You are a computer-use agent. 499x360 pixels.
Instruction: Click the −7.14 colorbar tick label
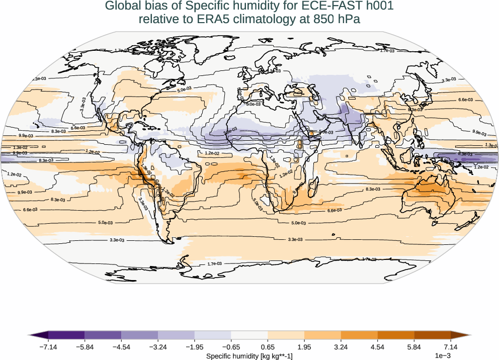[x=48, y=347]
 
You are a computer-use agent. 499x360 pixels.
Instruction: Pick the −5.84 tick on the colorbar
[x=85, y=347]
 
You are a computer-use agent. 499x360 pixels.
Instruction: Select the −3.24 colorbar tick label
[x=158, y=347]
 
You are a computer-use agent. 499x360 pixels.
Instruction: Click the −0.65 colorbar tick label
[x=231, y=347]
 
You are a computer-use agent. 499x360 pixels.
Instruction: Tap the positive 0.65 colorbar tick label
[x=268, y=347]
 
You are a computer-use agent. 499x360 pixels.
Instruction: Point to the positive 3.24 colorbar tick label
[x=341, y=347]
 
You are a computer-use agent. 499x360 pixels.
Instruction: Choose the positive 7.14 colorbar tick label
[x=451, y=347]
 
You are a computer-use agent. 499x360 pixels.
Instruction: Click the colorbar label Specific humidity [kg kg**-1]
[x=249, y=355]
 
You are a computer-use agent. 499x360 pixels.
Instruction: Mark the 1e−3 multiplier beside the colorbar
[x=442, y=356]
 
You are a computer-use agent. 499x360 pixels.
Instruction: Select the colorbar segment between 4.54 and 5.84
[x=396, y=335]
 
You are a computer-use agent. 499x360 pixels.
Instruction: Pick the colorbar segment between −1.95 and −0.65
[x=213, y=335]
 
